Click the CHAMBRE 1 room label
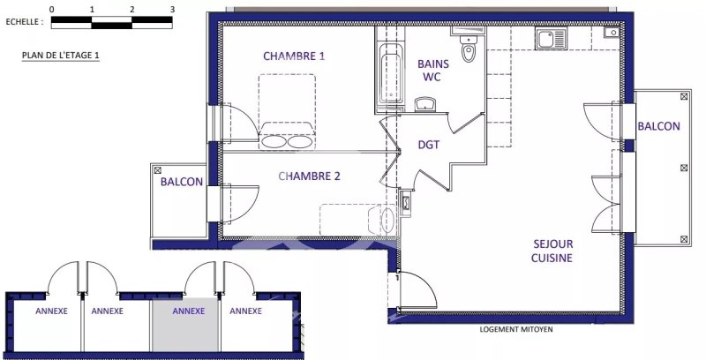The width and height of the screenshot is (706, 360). [x=294, y=56]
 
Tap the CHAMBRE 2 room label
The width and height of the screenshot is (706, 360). [x=310, y=176]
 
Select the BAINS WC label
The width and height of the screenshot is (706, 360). [x=432, y=71]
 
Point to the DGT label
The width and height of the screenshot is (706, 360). [x=429, y=145]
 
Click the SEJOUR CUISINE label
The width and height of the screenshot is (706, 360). [x=552, y=251]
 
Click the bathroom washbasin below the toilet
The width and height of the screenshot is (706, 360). [x=425, y=104]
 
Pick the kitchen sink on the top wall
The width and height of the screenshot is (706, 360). [x=550, y=38]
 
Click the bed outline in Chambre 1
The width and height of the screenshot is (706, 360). [x=288, y=111]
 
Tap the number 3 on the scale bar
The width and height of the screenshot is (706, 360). [x=172, y=9]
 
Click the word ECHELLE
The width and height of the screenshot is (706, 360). [x=25, y=21]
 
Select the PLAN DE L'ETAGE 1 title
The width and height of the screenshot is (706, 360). [x=60, y=56]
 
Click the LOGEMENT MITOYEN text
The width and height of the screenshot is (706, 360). [x=516, y=329]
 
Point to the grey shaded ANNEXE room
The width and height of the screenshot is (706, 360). [x=185, y=324]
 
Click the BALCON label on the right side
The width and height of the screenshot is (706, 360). [x=658, y=126]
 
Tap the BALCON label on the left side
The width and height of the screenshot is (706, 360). [x=182, y=182]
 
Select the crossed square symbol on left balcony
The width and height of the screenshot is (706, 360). [x=158, y=170]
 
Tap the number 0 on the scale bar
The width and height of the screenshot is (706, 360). [x=52, y=9]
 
